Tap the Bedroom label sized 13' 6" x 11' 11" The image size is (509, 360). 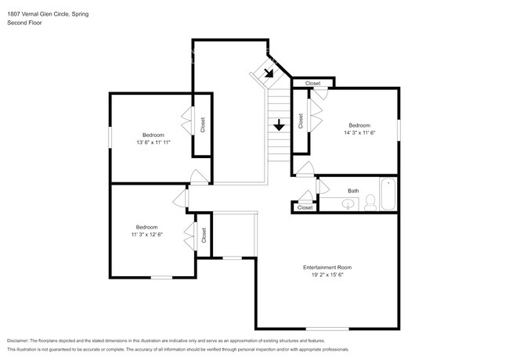[x=153, y=134]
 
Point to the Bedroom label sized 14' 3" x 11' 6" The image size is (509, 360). [x=359, y=126]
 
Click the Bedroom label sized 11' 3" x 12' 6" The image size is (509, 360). [x=146, y=227]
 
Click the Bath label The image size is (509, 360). [x=353, y=190]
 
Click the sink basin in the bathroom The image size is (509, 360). [x=349, y=205]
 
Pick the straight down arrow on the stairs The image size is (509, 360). [x=279, y=124]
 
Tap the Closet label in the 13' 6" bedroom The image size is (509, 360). [x=203, y=125]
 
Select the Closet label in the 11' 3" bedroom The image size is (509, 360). [x=203, y=235]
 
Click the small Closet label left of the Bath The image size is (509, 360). [x=305, y=207]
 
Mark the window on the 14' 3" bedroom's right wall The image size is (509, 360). [x=399, y=128]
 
